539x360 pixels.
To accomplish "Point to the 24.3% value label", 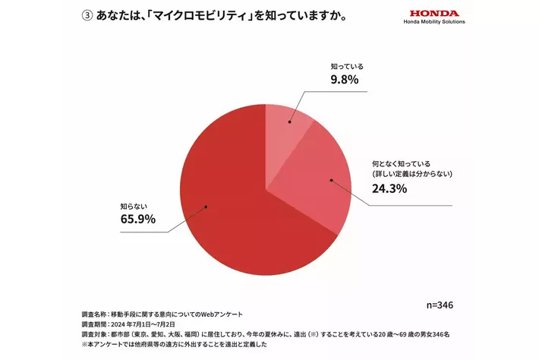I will click(389, 188).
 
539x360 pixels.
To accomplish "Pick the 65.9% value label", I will click(137, 219).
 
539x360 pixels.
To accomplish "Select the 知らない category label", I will click(133, 205).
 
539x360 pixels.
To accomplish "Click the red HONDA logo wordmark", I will click(434, 13).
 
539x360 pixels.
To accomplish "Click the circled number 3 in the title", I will click(86, 16).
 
